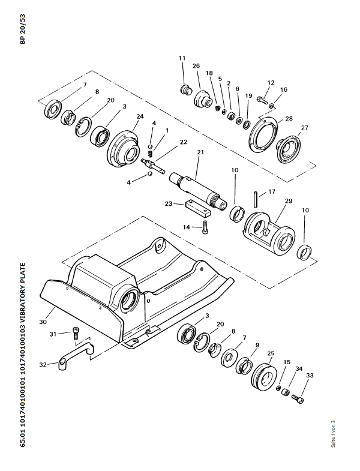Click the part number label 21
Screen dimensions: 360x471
click(x=200, y=152)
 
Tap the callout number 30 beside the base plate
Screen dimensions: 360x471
click(x=43, y=322)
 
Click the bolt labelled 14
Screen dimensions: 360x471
click(x=205, y=227)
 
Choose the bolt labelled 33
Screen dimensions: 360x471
click(x=298, y=399)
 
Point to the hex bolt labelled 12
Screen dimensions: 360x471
click(x=262, y=100)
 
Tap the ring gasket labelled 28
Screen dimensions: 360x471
click(x=263, y=134)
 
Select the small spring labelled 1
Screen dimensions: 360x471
click(x=151, y=154)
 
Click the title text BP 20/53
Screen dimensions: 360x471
click(x=23, y=29)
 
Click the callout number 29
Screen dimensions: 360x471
click(x=289, y=200)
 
